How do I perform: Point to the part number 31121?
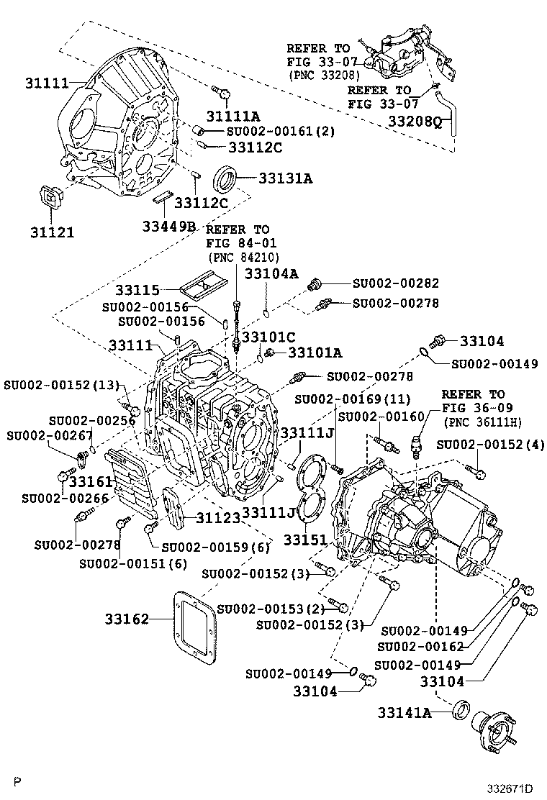tap(53, 232)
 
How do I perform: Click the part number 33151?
tap(304, 539)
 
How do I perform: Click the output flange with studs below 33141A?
tap(498, 732)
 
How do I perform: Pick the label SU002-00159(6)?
tap(214, 547)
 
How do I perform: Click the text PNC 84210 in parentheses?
tap(242, 257)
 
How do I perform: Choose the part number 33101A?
tap(315, 353)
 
